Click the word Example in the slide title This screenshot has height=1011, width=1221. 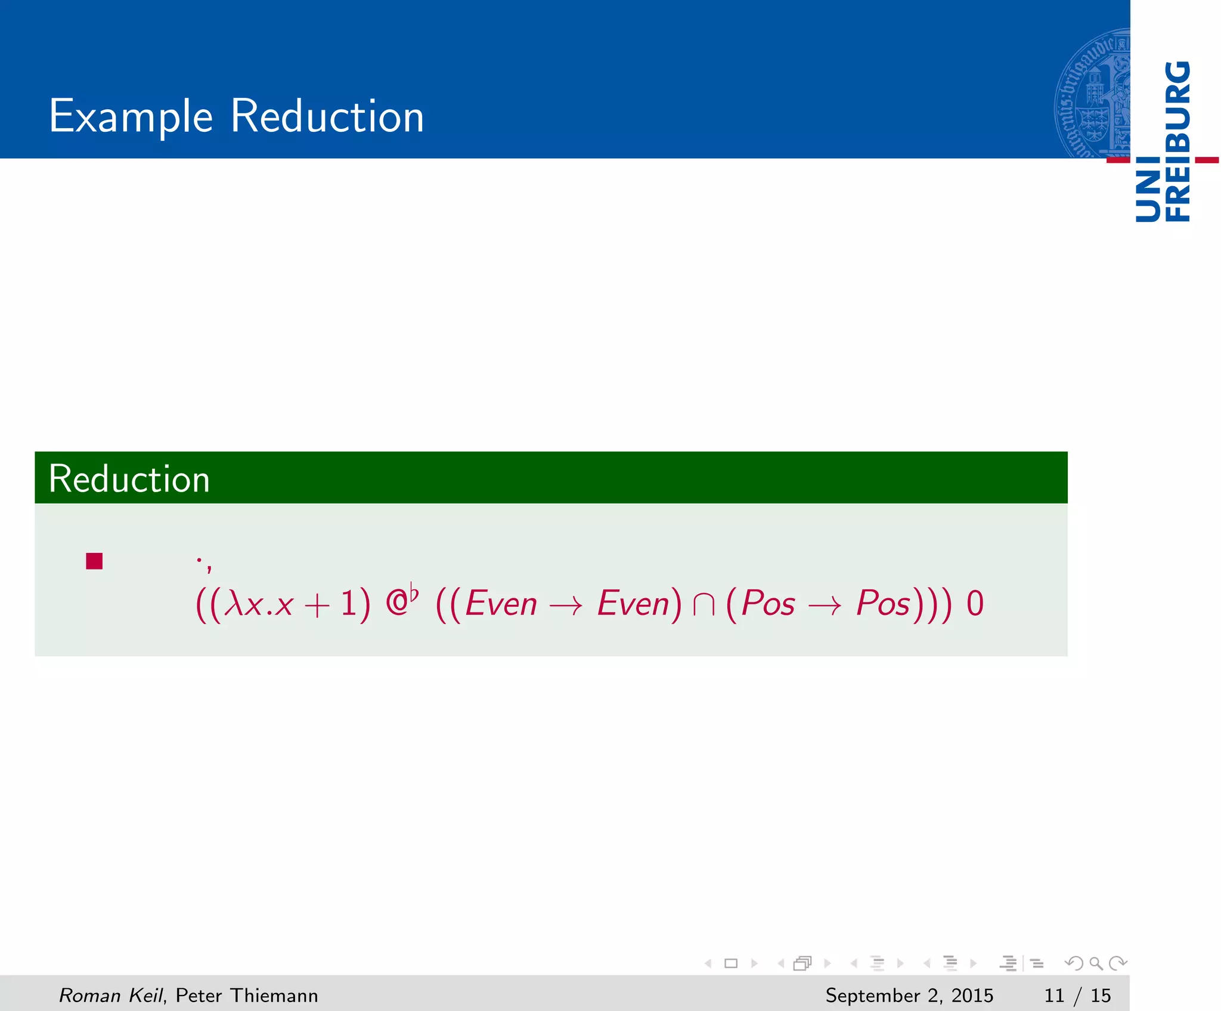(131, 116)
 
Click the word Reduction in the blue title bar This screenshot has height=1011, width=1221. (327, 116)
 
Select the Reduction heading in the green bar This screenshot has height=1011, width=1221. (129, 479)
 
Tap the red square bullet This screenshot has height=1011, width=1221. (94, 561)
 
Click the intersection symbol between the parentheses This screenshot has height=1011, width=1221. (704, 604)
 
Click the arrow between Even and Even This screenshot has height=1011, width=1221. (566, 605)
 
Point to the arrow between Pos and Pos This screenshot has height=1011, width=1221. (825, 605)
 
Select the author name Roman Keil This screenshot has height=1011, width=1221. (111, 995)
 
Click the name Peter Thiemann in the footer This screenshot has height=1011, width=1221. (247, 995)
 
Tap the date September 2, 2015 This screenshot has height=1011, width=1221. (909, 995)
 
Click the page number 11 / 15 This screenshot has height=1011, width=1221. (1077, 995)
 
